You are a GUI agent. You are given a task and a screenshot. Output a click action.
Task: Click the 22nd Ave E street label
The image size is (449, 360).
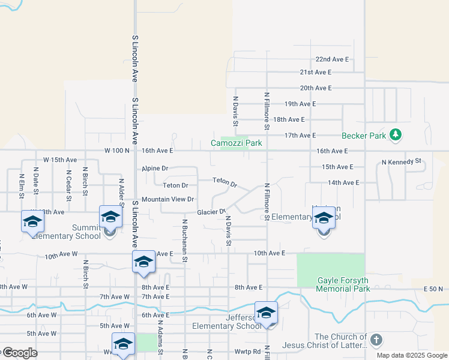[x=332, y=59]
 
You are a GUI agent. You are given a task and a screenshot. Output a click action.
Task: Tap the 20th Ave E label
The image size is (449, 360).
[x=316, y=88]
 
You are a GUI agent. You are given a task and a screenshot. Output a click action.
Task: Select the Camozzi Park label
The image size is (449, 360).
[x=237, y=143]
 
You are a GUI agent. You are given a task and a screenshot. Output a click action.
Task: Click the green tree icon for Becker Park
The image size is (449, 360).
[x=395, y=135]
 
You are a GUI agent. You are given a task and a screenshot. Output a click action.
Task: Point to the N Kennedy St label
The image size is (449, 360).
[x=402, y=162]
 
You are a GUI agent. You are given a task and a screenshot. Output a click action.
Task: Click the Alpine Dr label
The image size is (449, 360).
[x=155, y=169]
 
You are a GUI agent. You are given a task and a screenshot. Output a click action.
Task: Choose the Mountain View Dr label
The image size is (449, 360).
[x=168, y=199]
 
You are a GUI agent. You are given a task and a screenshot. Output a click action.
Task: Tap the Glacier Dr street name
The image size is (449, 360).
[x=211, y=212]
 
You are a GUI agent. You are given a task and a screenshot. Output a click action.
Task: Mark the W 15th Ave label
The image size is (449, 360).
[x=60, y=160]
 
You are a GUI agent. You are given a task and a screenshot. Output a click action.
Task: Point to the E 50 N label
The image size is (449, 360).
[x=433, y=289]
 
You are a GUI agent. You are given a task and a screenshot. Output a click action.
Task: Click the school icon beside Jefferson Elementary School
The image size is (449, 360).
[x=266, y=313]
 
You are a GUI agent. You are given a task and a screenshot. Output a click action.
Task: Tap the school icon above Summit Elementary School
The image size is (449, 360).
[x=110, y=217]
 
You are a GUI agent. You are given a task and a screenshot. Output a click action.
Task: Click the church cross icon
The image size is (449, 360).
[x=376, y=341]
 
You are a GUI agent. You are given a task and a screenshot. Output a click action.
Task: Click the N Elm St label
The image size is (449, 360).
[x=21, y=183]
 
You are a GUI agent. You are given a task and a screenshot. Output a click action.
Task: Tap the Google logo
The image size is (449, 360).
[x=19, y=353]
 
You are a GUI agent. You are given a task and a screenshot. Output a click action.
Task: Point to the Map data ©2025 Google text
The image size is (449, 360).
[x=411, y=355]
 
